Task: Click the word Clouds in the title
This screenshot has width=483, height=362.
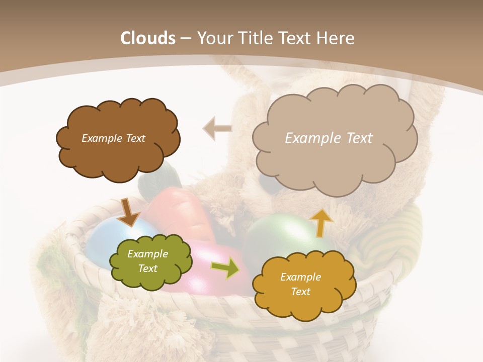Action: click(x=148, y=38)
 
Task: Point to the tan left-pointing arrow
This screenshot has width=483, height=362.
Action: click(x=218, y=129)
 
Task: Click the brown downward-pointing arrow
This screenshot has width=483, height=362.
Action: click(x=128, y=212)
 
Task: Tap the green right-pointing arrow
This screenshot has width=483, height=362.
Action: click(x=225, y=268)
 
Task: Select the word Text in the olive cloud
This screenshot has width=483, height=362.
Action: click(x=148, y=268)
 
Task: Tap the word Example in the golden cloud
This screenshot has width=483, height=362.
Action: click(x=300, y=277)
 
